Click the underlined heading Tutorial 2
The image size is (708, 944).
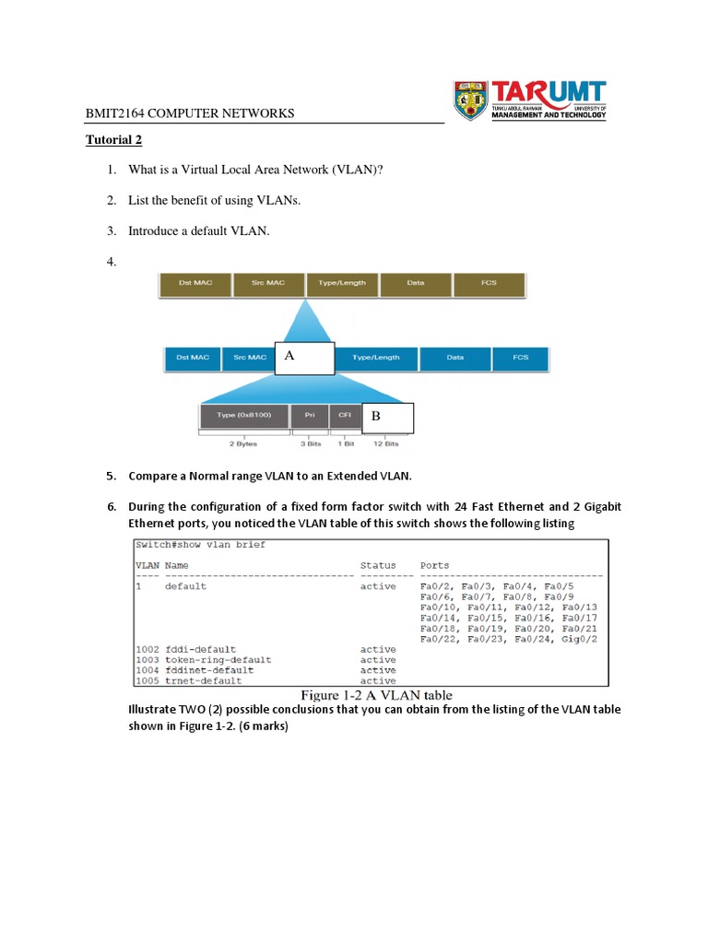(114, 141)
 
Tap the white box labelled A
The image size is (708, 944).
(304, 359)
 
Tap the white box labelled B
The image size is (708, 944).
(387, 418)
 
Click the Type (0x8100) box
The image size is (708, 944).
(243, 416)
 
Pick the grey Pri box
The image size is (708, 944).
(310, 416)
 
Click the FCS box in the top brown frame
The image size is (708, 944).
(489, 283)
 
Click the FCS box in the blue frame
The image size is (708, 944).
(521, 358)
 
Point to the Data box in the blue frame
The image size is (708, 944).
(454, 358)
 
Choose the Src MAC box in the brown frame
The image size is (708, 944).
(268, 283)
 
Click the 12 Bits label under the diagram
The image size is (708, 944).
(385, 444)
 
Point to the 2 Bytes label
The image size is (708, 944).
(243, 444)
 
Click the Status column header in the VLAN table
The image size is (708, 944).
(378, 565)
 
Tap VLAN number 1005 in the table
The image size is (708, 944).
(147, 681)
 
